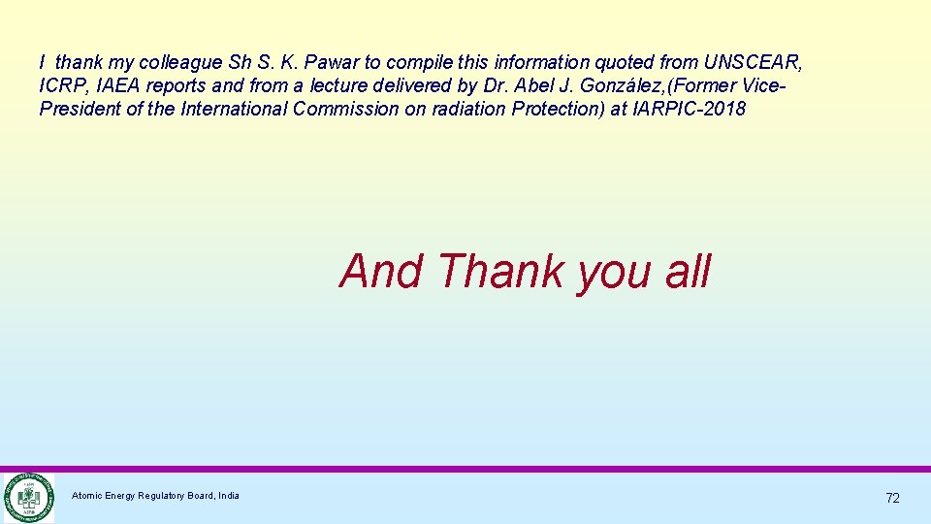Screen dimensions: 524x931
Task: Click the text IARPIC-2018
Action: point(690,109)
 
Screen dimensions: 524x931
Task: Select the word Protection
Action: point(551,109)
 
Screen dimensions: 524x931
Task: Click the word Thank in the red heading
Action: point(500,271)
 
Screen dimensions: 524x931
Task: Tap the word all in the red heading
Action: point(688,271)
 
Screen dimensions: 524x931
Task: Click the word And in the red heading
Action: point(381,271)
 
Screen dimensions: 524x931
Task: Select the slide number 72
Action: point(892,498)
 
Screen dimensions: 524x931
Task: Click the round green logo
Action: point(27,498)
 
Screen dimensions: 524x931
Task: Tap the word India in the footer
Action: point(229,496)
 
